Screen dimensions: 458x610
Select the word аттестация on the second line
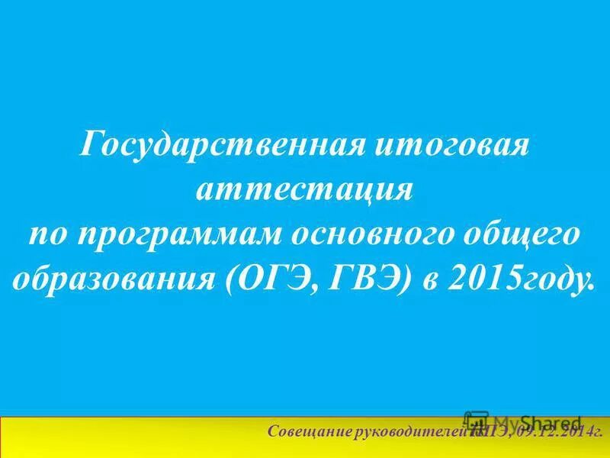(305, 190)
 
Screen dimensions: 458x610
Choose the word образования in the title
(114, 282)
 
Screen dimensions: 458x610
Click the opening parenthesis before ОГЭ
(231, 282)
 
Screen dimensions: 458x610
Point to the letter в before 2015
(426, 282)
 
